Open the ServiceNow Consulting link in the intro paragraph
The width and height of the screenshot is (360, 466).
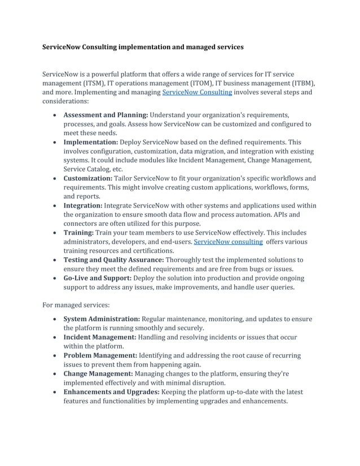pyautogui.click(x=197, y=93)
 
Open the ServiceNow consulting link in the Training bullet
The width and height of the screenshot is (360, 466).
pyautogui.click(x=228, y=241)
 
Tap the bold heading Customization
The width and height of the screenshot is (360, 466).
pyautogui.click(x=87, y=178)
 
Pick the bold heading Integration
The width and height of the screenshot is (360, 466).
pyautogui.click(x=82, y=206)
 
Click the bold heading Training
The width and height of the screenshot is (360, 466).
pyautogui.click(x=78, y=232)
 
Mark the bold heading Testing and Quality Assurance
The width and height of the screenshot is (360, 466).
pyautogui.click(x=113, y=260)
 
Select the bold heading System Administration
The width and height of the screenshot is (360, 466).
pyautogui.click(x=101, y=319)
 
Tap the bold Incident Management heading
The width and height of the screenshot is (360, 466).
pyautogui.click(x=99, y=337)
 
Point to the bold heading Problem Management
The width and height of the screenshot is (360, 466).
pyautogui.click(x=100, y=355)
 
